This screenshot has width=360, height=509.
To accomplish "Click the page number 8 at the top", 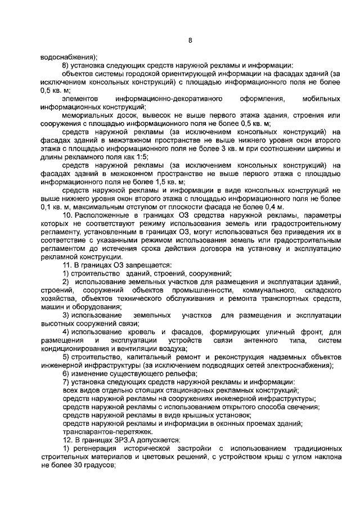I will pyautogui.click(x=190, y=40).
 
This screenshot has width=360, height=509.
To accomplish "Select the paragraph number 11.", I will pyautogui.click(x=66, y=264).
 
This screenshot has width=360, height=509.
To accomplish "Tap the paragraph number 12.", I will pyautogui.click(x=66, y=439).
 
